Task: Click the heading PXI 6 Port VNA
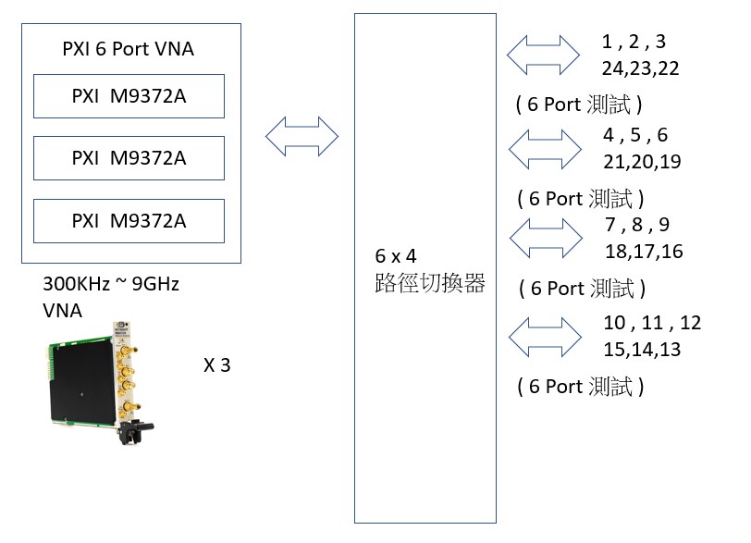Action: point(129,49)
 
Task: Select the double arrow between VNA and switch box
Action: point(302,136)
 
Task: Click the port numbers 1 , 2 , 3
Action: point(634,43)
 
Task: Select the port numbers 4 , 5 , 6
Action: point(635,135)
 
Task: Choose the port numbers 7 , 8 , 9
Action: point(636,225)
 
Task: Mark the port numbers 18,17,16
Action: point(644,252)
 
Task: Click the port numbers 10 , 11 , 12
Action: point(651,323)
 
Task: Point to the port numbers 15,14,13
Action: point(641,349)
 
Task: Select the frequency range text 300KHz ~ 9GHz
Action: point(111,285)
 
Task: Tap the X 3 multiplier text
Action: point(216,364)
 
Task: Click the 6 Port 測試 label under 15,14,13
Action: point(580,387)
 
